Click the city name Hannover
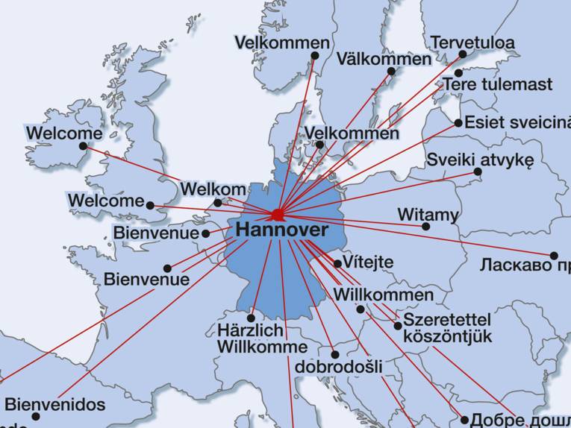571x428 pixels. (x=281, y=230)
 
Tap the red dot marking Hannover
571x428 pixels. (x=278, y=215)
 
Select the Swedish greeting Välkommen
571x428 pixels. (x=384, y=58)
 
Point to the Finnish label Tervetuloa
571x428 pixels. (x=472, y=42)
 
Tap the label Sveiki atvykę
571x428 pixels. (x=480, y=160)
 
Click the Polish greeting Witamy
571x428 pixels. (x=428, y=215)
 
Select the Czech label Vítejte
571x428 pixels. (x=368, y=263)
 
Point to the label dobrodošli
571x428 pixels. (x=338, y=367)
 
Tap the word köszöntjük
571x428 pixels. (x=447, y=336)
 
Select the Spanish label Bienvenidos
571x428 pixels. (x=55, y=405)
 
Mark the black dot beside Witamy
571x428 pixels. (x=425, y=227)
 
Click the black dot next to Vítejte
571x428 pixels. (x=337, y=263)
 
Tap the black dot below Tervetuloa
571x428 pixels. (x=463, y=54)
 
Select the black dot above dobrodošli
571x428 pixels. (x=334, y=355)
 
